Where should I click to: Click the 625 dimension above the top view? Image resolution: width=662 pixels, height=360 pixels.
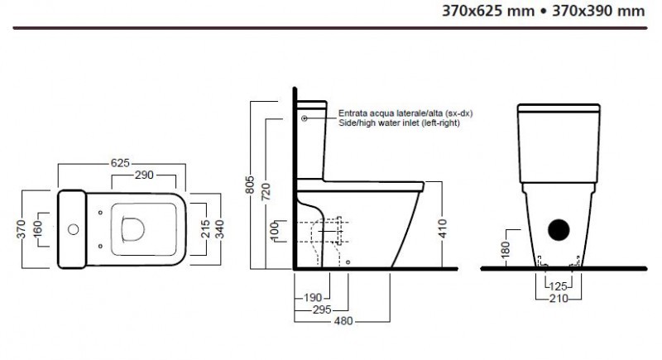(x=120, y=163)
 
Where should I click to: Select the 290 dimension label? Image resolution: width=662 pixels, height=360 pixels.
(x=144, y=175)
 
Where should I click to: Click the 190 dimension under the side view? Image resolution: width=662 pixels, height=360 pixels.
(x=313, y=297)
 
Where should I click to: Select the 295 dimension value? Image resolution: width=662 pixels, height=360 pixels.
(x=322, y=310)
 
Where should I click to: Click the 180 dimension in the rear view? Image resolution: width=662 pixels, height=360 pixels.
(x=506, y=248)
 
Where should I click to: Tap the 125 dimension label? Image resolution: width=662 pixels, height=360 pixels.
(x=559, y=286)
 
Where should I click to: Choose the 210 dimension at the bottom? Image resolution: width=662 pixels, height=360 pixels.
(x=559, y=298)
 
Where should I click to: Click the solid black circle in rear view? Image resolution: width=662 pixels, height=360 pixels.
(x=559, y=231)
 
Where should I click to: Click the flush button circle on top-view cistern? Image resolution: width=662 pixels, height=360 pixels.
(x=72, y=227)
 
